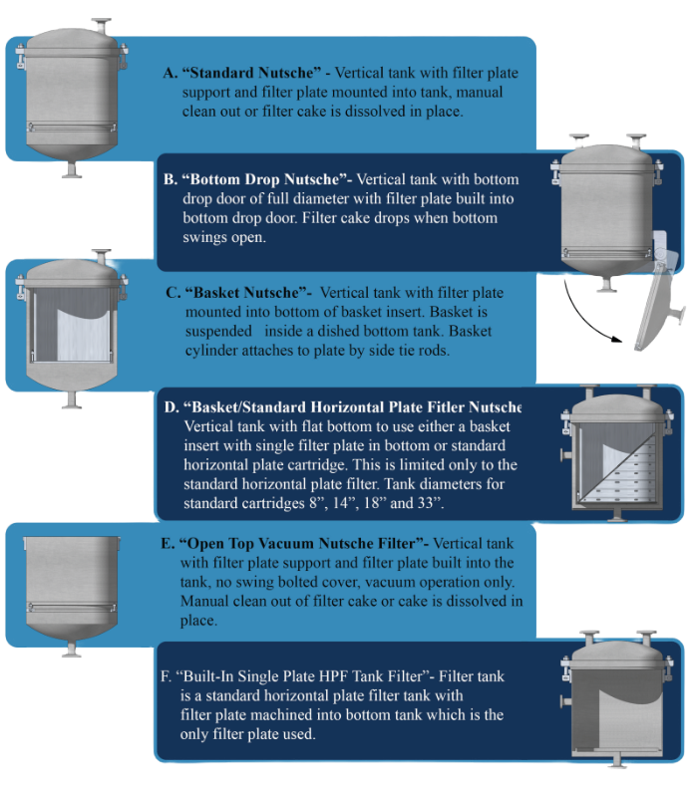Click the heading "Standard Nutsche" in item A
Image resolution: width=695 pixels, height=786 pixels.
coord(251,73)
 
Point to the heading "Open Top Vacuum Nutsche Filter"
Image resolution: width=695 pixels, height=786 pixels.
coord(301,543)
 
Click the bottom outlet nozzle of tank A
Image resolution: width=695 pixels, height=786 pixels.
coord(72,169)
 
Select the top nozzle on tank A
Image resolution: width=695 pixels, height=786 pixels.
coord(102,26)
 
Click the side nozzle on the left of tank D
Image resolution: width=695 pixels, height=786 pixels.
coord(565,455)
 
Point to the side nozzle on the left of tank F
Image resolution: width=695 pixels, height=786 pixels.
coord(565,700)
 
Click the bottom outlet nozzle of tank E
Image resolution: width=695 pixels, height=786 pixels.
coord(72,649)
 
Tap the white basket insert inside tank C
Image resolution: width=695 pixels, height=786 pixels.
coord(83,335)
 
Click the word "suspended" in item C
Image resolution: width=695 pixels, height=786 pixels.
coord(218,332)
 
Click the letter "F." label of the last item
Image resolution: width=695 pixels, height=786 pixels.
coord(167,676)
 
